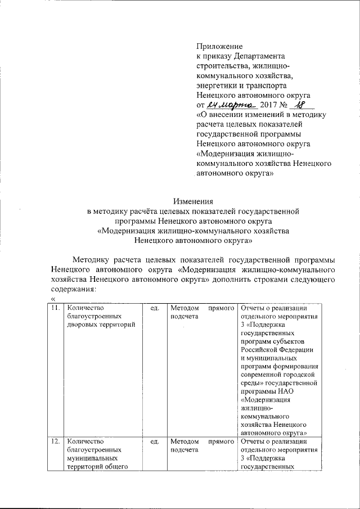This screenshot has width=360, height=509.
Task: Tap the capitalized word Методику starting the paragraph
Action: pos(90,259)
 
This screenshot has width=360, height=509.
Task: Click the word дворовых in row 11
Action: pos(82,326)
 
